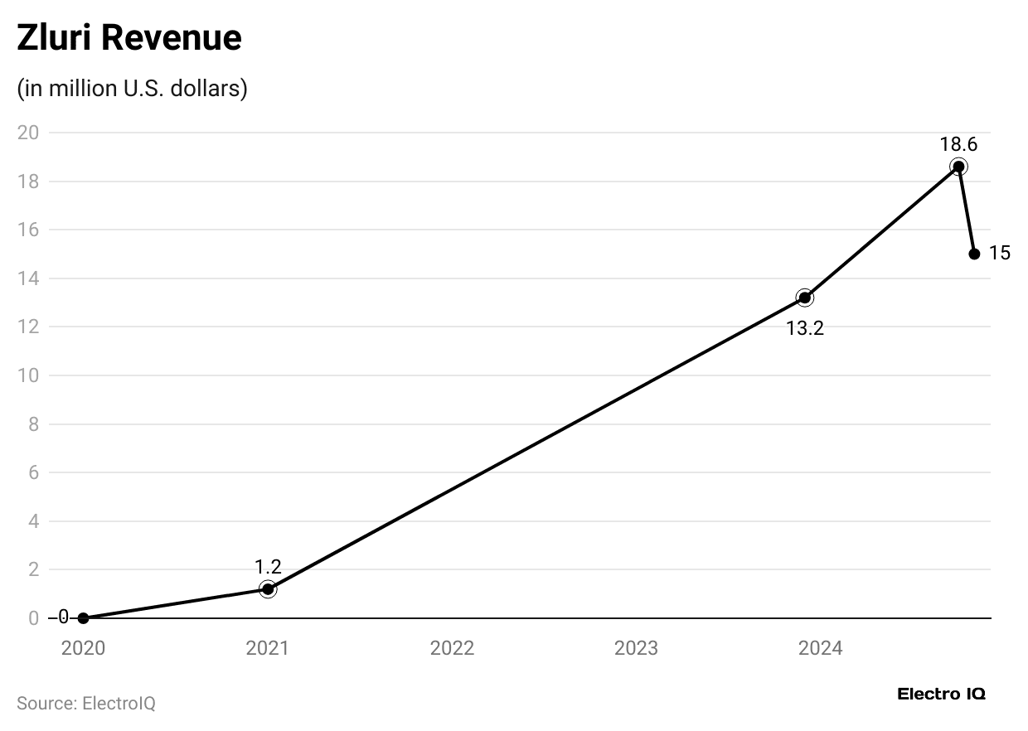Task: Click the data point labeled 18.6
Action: tap(958, 167)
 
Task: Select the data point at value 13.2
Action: tap(804, 298)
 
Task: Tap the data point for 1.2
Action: tap(268, 589)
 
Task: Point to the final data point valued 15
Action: tap(974, 254)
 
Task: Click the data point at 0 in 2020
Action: tap(83, 618)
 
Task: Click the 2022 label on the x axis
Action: tap(452, 648)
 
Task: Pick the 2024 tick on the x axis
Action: tap(820, 648)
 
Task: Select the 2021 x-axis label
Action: tap(268, 648)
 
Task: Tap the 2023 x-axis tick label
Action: tap(636, 648)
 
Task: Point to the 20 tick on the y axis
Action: tap(28, 133)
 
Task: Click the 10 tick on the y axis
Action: tap(28, 375)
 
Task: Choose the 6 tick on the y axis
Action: tap(33, 472)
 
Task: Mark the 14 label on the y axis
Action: tap(28, 278)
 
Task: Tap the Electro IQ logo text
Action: tap(941, 695)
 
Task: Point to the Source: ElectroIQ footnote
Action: tap(86, 704)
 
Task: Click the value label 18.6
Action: tap(958, 144)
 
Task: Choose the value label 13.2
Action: tap(804, 328)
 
